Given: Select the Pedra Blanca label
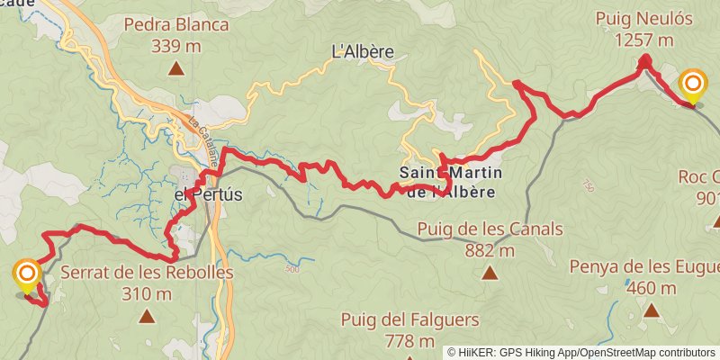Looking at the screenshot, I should click(177, 24).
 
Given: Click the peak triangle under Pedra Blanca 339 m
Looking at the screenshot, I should click(176, 67).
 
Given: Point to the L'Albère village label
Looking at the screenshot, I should click(364, 51).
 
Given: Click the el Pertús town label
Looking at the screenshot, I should click(209, 193).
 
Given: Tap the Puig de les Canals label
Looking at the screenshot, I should click(490, 229).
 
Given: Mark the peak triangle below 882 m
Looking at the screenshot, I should click(490, 272).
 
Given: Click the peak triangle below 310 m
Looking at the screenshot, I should click(146, 315).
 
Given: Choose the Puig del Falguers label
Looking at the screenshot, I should click(409, 319).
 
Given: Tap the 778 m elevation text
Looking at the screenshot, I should click(409, 341).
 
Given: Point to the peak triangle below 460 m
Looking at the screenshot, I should click(651, 311).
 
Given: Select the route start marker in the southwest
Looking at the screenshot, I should click(27, 275).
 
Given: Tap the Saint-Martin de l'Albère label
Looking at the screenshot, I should click(451, 181).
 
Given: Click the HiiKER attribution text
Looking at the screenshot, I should click(581, 352).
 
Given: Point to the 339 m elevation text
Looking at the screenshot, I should click(176, 45).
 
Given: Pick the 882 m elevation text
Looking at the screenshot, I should click(490, 250).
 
